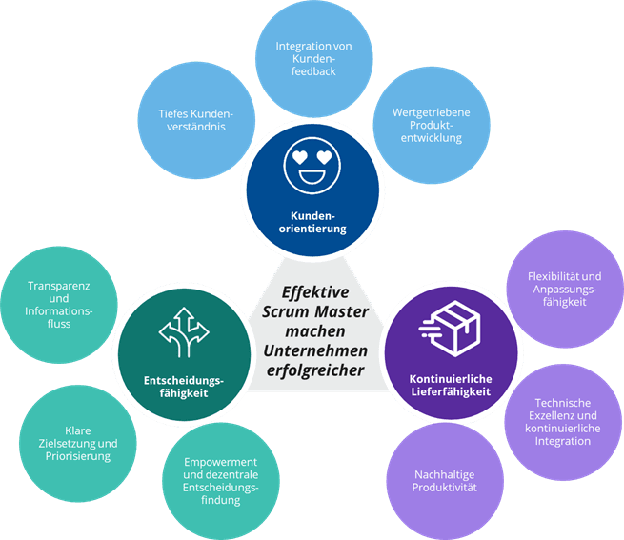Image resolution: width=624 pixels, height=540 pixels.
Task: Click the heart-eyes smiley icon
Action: click(x=312, y=166)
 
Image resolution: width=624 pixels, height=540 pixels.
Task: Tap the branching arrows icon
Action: click(x=184, y=332)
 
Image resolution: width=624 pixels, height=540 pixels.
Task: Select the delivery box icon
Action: click(x=450, y=329)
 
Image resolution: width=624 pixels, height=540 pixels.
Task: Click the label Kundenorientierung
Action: click(x=312, y=222)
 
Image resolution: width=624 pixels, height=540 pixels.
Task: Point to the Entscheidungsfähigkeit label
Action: click(x=184, y=387)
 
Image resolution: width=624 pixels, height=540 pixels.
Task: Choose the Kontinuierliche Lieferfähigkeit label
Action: click(x=451, y=385)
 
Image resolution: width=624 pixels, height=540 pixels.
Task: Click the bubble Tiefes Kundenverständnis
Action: click(x=196, y=120)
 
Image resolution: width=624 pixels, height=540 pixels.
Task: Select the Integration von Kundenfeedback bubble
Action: click(x=313, y=59)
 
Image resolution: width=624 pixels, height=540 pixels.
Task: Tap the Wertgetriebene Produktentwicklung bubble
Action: click(x=432, y=125)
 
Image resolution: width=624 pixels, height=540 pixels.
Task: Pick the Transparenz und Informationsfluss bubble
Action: click(x=59, y=305)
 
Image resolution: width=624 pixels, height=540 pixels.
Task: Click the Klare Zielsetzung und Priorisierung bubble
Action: click(x=78, y=443)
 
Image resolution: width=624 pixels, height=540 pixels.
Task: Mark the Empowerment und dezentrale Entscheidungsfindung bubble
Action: click(x=221, y=481)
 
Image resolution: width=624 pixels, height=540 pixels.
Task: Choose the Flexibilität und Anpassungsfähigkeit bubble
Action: click(x=565, y=290)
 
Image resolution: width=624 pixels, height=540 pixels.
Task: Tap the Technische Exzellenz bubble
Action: click(x=563, y=422)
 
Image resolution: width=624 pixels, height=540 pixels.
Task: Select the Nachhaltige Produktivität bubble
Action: click(x=445, y=481)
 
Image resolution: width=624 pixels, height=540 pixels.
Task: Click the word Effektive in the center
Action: click(x=315, y=292)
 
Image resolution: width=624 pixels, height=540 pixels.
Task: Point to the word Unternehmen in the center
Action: click(x=315, y=351)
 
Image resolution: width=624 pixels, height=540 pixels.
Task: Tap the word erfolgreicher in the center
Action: click(x=315, y=370)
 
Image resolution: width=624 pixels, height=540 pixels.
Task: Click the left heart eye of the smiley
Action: click(x=300, y=157)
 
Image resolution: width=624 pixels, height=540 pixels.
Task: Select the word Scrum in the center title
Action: click(x=280, y=312)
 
